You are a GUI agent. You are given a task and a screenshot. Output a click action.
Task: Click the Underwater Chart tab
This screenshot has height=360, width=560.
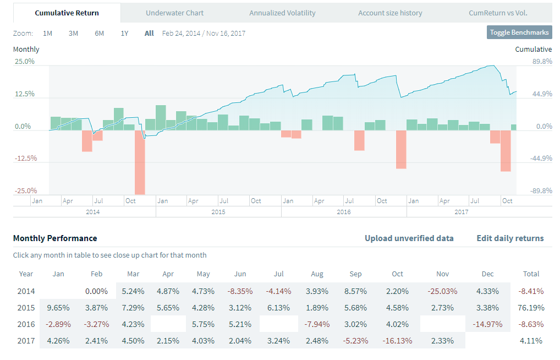pyautogui.click(x=174, y=13)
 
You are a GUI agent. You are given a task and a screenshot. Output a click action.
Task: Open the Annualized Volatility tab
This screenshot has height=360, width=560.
pyautogui.click(x=282, y=13)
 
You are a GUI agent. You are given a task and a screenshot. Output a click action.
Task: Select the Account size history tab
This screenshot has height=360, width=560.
pyautogui.click(x=390, y=13)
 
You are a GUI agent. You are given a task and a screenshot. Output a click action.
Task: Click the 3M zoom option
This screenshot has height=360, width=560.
pyautogui.click(x=73, y=33)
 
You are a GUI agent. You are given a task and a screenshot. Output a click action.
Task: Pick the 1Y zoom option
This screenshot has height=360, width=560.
pyautogui.click(x=125, y=33)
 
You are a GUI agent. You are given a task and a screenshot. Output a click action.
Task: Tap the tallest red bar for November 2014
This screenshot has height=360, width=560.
pyautogui.click(x=140, y=162)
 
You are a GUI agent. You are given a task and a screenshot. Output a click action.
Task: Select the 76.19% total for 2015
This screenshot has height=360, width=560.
pyautogui.click(x=531, y=307)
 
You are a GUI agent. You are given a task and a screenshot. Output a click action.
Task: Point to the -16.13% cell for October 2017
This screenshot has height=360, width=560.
pyautogui.click(x=397, y=340)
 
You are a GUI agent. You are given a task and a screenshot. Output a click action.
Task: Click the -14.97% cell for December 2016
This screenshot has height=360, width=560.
pyautogui.click(x=487, y=324)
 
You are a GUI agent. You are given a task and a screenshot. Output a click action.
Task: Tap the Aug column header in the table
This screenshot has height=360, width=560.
pyautogui.click(x=317, y=274)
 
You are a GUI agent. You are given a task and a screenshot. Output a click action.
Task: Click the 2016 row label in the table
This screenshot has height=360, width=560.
pyautogui.click(x=26, y=324)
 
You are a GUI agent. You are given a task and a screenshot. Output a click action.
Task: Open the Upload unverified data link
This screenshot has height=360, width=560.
pyautogui.click(x=409, y=238)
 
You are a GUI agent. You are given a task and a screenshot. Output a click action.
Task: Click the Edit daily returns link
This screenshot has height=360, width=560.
pyautogui.click(x=510, y=238)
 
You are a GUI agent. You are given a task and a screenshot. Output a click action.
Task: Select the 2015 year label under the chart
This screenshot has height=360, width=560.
pyautogui.click(x=218, y=212)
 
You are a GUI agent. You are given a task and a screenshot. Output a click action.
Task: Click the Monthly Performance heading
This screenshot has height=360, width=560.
pyautogui.click(x=55, y=238)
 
